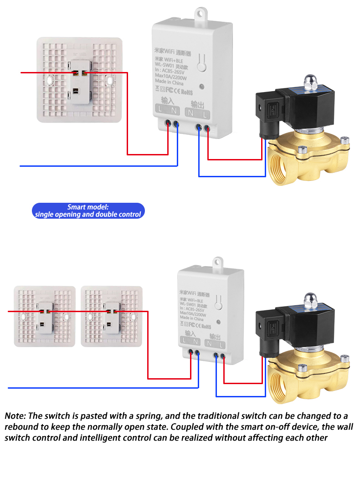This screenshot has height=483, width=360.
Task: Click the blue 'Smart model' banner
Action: [88, 211]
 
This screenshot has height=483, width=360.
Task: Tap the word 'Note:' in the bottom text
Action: [16, 416]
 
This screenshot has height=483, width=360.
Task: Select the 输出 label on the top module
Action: [197, 103]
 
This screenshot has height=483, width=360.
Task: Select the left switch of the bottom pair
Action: [44, 316]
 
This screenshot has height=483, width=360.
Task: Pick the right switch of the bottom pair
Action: [112, 316]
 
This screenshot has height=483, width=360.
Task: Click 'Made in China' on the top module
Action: [169, 83]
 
